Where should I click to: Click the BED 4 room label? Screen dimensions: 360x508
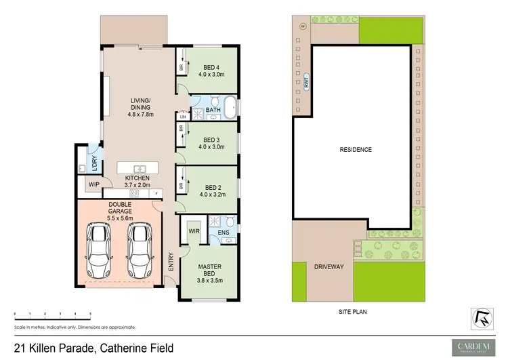[x=212, y=67]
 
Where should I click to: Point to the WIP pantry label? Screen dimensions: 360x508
[x=92, y=184]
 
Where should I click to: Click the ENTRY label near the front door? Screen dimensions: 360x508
[x=171, y=261]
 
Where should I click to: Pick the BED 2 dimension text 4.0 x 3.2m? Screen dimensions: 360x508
[x=212, y=195]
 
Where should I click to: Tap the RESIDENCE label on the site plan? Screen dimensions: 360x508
[x=356, y=150]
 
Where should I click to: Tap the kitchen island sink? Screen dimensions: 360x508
[x=140, y=168]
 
